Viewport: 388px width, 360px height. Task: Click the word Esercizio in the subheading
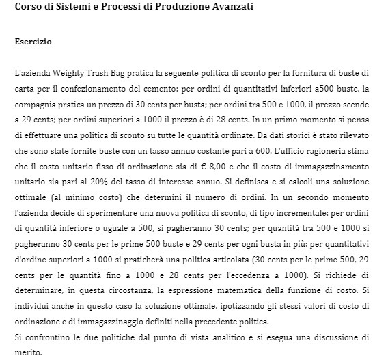pyautogui.click(x=33, y=42)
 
